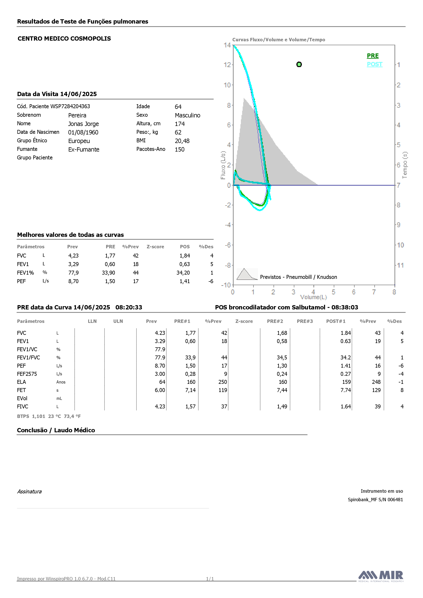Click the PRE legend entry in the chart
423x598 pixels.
pyautogui.click(x=373, y=56)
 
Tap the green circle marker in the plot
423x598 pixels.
pyautogui.click(x=299, y=64)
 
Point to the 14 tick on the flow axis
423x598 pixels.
pyautogui.click(x=227, y=45)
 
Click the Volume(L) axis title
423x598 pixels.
pyautogui.click(x=313, y=297)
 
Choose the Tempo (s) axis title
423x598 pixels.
pyautogui.click(x=405, y=165)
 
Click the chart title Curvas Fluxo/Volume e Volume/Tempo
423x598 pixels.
pyautogui.click(x=279, y=40)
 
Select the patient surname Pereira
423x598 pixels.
pyautogui.click(x=77, y=115)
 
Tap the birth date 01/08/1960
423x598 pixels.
pyautogui.click(x=83, y=132)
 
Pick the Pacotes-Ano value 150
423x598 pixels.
pyautogui.click(x=180, y=149)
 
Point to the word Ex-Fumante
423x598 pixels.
pyautogui.click(x=84, y=149)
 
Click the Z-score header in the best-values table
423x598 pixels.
pyautogui.click(x=155, y=247)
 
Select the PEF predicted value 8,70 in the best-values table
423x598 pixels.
pyautogui.click(x=73, y=281)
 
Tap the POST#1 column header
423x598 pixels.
pyautogui.click(x=336, y=321)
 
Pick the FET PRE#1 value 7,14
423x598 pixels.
pyautogui.click(x=190, y=390)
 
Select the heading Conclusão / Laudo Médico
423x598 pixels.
pyautogui.click(x=56, y=430)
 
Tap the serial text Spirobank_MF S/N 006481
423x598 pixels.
pyautogui.click(x=375, y=500)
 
